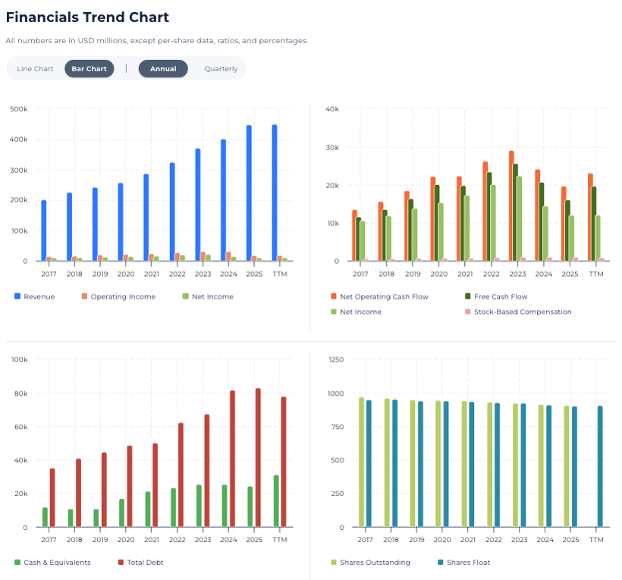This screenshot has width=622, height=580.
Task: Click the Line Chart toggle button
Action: (35, 69)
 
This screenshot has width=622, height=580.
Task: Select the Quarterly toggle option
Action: (221, 69)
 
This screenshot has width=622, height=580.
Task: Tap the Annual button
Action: (163, 69)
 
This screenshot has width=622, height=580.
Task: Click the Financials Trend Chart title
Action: (87, 17)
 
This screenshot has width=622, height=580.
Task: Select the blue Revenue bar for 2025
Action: (249, 193)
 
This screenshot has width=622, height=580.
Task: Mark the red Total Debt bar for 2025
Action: (258, 458)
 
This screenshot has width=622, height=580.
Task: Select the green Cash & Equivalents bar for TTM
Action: (276, 501)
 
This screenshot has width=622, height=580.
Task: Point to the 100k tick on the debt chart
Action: (20, 360)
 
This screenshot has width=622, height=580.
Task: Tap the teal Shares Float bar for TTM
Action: (600, 466)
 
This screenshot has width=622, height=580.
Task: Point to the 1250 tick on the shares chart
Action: (336, 360)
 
